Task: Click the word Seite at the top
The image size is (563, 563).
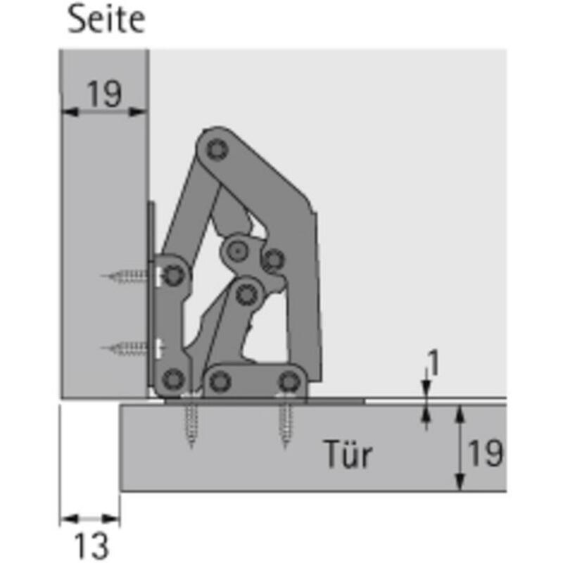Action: tap(107, 20)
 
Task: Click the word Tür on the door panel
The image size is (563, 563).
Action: tap(348, 453)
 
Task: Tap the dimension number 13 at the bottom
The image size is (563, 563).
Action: tap(91, 546)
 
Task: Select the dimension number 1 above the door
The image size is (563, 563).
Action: tap(434, 363)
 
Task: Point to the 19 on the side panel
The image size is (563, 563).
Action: tap(104, 94)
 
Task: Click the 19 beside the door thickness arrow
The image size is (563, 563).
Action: tap(486, 453)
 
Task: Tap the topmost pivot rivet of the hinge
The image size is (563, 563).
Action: tap(217, 149)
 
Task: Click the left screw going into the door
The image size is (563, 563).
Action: tap(191, 421)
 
